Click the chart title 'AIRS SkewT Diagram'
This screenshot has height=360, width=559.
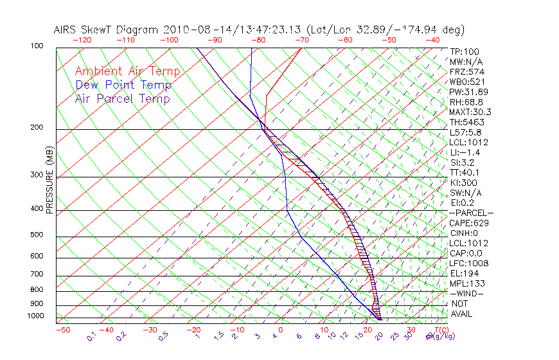click(106, 30)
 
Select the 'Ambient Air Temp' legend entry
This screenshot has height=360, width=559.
click(127, 71)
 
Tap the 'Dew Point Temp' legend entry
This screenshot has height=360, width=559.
click(123, 85)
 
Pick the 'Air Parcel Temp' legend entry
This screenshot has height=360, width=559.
click(123, 98)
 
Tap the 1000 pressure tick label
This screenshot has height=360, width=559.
click(37, 316)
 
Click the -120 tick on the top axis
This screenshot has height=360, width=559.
click(82, 40)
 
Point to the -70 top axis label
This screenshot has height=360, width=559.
click(301, 40)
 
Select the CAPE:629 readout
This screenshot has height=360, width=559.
click(468, 223)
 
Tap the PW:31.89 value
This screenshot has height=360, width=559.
click(468, 92)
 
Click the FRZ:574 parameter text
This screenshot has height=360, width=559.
click(466, 71)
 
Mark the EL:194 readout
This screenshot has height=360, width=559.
click(464, 273)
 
